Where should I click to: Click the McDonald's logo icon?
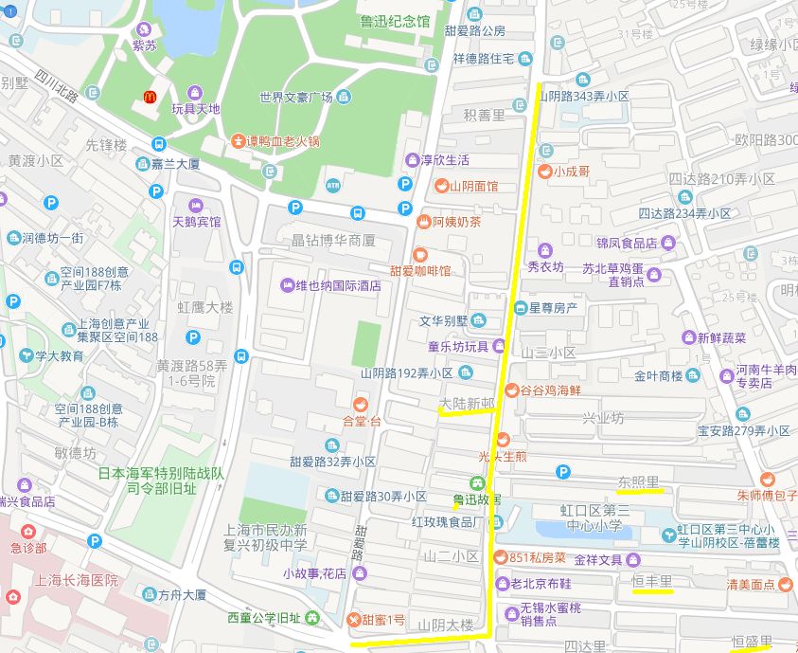(x=149, y=97)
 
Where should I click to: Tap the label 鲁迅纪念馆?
(x=394, y=21)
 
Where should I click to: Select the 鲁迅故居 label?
(x=477, y=499)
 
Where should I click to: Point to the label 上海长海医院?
(x=77, y=579)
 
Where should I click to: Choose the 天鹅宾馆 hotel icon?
(x=196, y=206)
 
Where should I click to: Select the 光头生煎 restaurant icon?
(x=503, y=439)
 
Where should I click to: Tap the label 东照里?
(x=638, y=481)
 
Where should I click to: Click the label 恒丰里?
(x=651, y=580)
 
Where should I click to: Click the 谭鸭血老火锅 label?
(x=283, y=141)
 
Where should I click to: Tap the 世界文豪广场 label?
(x=295, y=98)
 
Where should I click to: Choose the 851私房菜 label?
(x=537, y=557)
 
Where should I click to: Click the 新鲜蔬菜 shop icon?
(x=689, y=337)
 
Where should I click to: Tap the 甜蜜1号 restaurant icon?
(x=354, y=620)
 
